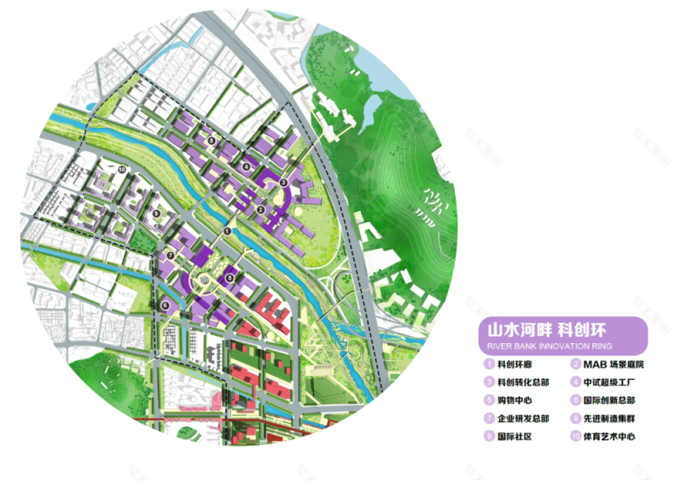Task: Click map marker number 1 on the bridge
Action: (x=227, y=230)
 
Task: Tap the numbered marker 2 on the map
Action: (x=260, y=210)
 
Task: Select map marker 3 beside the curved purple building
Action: (x=283, y=182)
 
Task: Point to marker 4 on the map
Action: (x=246, y=166)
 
